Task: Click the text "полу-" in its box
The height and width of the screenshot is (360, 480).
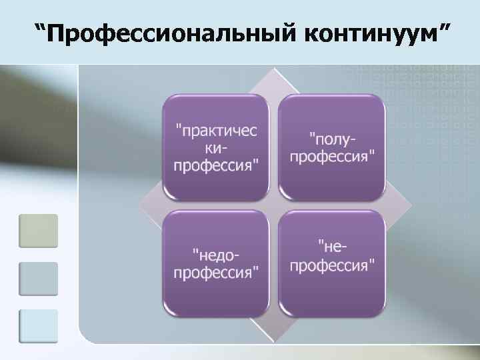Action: (x=332, y=139)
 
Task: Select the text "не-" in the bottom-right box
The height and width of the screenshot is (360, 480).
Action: (x=332, y=247)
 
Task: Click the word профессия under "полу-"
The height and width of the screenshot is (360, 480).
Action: (x=332, y=157)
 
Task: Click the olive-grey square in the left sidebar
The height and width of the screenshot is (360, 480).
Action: (x=39, y=231)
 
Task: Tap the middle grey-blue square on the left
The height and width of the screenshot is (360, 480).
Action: (x=39, y=279)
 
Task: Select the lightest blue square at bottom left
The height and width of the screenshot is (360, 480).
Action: (x=39, y=326)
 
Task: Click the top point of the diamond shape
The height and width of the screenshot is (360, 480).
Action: (x=273, y=69)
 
